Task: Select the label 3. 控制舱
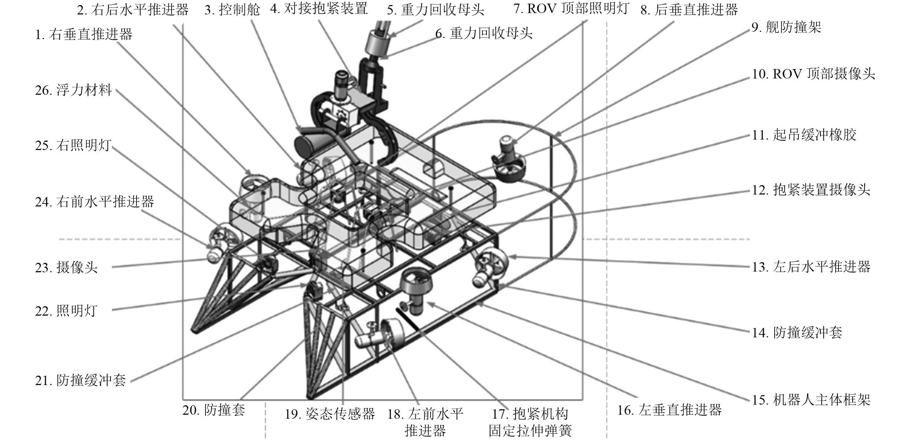(x=232, y=10)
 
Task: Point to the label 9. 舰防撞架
(x=786, y=27)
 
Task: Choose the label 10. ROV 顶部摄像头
(x=813, y=74)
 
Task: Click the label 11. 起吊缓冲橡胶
(x=804, y=135)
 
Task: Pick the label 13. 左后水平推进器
(x=811, y=267)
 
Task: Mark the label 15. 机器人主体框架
(x=811, y=400)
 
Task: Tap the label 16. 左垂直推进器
(x=669, y=410)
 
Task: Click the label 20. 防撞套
(x=214, y=410)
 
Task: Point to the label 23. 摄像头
(x=66, y=268)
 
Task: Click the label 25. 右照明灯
(x=73, y=146)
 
